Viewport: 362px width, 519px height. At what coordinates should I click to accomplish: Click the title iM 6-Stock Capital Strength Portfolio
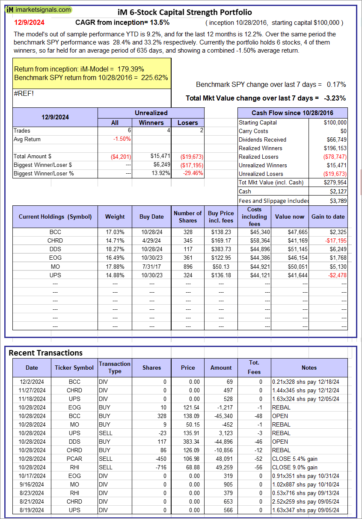184,12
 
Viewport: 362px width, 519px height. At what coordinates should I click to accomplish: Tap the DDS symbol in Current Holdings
55,249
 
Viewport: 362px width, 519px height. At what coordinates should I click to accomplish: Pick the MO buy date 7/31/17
151,266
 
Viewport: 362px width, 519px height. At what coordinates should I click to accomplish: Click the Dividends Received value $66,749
335,139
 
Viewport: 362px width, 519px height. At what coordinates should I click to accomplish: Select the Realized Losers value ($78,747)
333,157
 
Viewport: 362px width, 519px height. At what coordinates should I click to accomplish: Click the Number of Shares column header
187,216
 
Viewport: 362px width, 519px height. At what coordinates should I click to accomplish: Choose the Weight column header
115,216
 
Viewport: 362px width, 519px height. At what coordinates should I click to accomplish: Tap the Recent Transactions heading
46,353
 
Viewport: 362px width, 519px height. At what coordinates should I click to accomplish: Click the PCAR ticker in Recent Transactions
74,459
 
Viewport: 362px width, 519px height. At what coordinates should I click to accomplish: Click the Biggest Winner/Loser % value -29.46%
191,173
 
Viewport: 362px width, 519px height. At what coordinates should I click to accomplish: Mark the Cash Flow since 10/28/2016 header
293,113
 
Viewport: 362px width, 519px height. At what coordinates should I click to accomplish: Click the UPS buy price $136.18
221,275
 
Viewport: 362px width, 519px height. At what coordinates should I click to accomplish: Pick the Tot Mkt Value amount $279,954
334,182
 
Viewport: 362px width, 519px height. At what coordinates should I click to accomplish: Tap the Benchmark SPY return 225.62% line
91,77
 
